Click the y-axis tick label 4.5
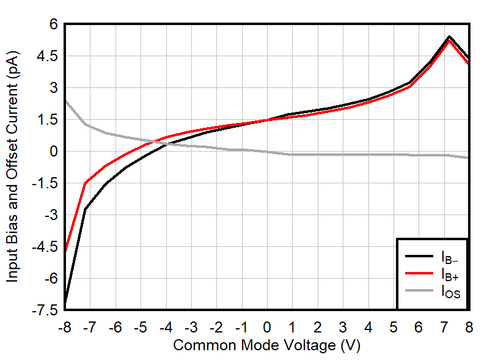[48, 56]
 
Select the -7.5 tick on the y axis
[46, 310]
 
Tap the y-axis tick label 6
[53, 24]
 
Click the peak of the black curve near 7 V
[449, 37]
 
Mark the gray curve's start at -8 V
[65, 101]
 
